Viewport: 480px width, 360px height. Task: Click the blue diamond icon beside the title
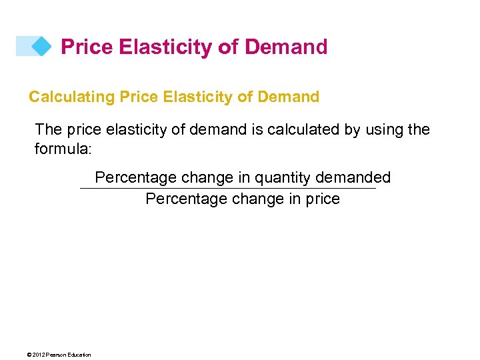(x=41, y=46)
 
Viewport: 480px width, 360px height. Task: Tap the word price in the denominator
(x=323, y=199)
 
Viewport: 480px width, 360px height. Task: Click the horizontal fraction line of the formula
(x=227, y=189)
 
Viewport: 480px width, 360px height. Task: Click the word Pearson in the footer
(x=56, y=355)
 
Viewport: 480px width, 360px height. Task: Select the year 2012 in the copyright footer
(x=39, y=355)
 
